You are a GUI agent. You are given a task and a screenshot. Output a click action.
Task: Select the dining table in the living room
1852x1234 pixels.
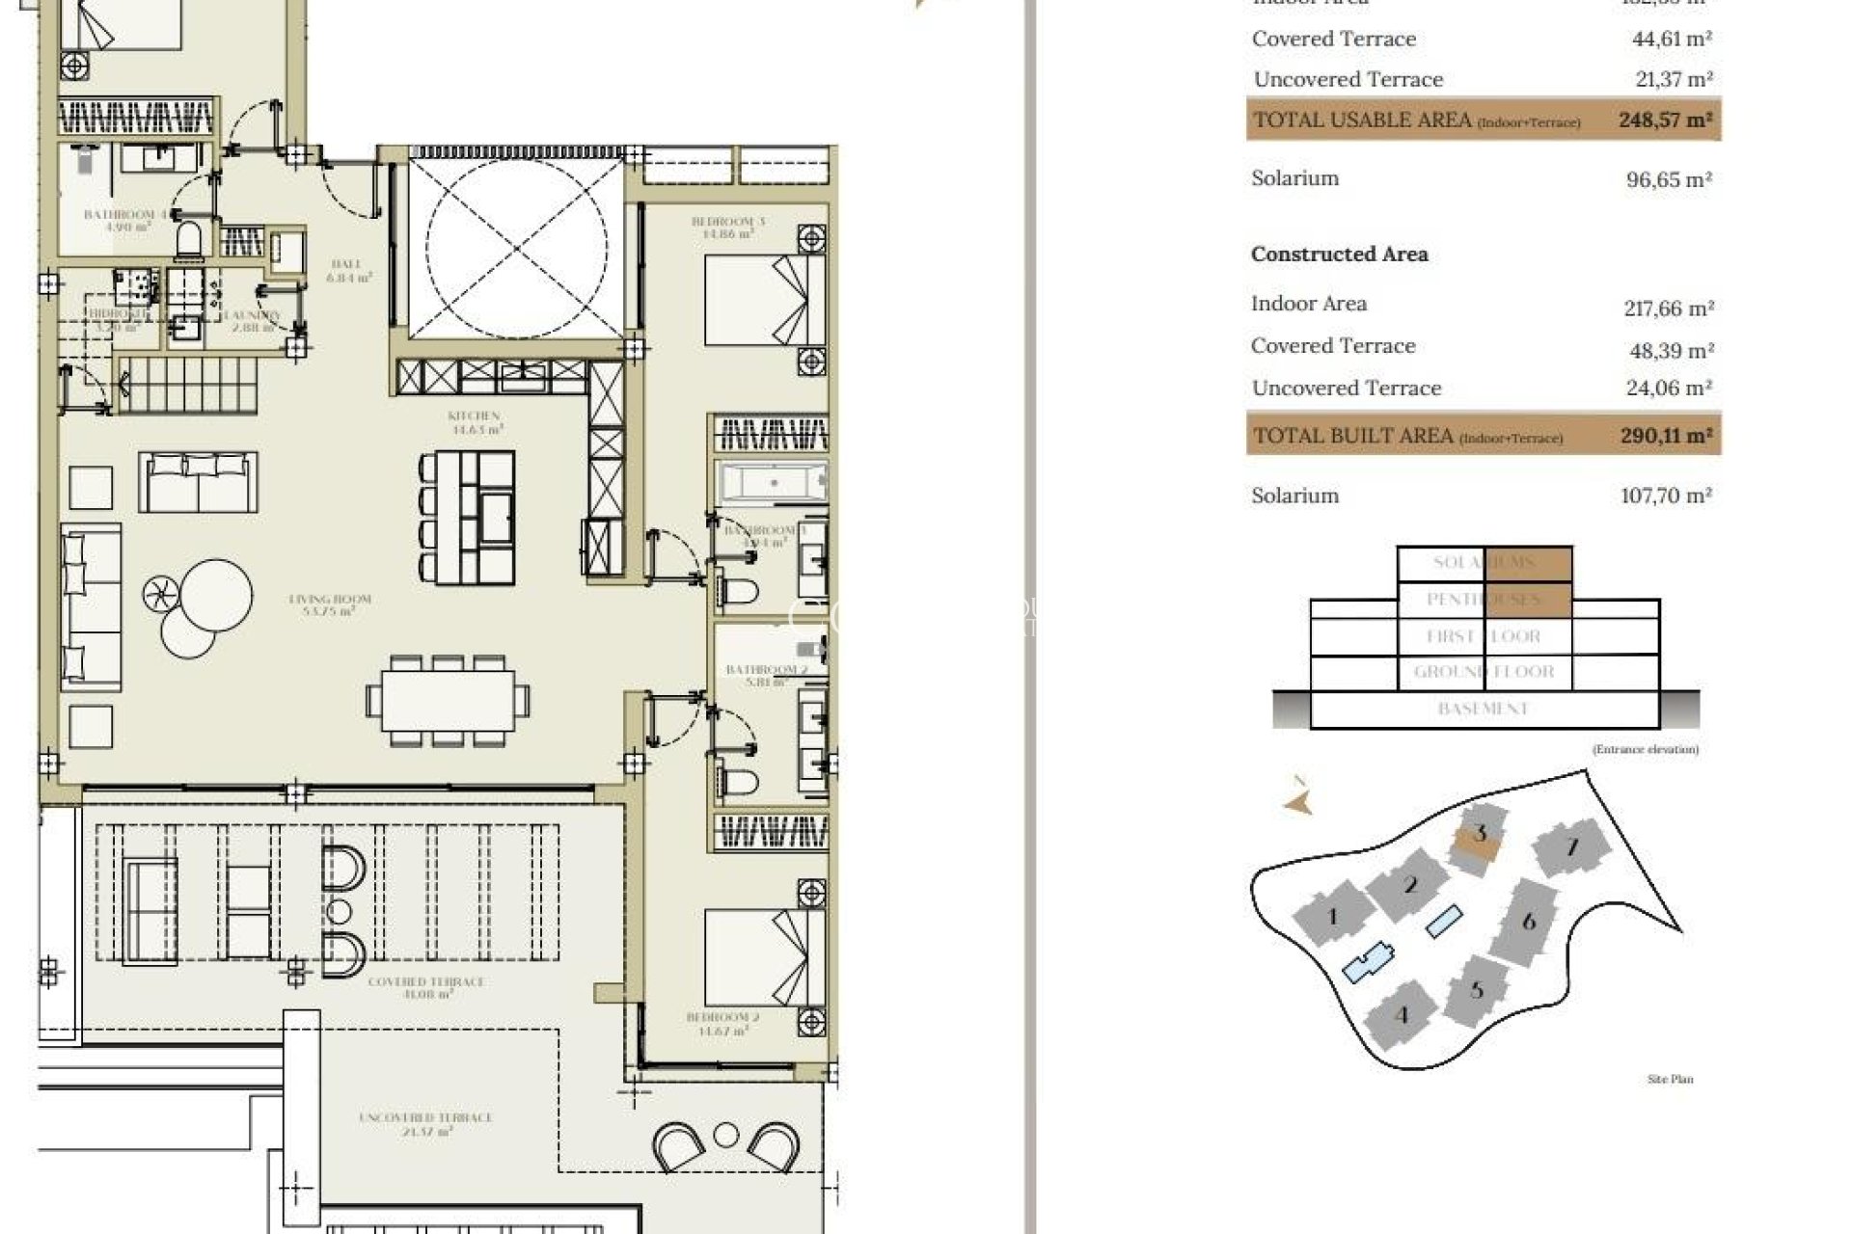(x=448, y=700)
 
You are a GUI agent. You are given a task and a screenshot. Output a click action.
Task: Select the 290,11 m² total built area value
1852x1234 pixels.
(x=1666, y=436)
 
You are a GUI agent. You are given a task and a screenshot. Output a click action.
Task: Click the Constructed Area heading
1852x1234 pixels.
(x=1339, y=255)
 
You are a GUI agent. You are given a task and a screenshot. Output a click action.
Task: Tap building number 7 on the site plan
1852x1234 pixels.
(x=1571, y=847)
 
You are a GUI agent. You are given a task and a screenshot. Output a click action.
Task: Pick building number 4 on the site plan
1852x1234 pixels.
(x=1402, y=1015)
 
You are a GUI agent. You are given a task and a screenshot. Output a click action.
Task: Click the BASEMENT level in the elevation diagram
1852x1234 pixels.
(x=1483, y=709)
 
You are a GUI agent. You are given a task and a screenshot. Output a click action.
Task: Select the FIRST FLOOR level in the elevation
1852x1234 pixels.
(x=1483, y=636)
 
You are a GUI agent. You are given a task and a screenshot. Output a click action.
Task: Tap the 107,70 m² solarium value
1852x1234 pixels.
(x=1666, y=496)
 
